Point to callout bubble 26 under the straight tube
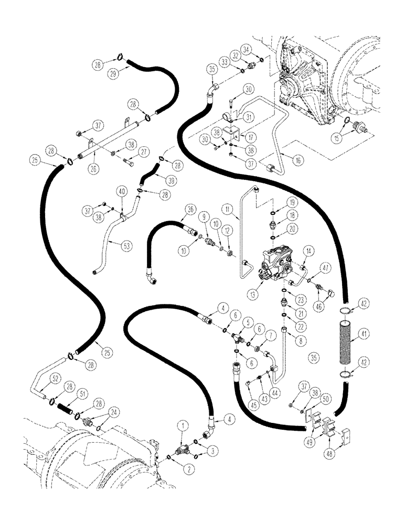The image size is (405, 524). [93, 169]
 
